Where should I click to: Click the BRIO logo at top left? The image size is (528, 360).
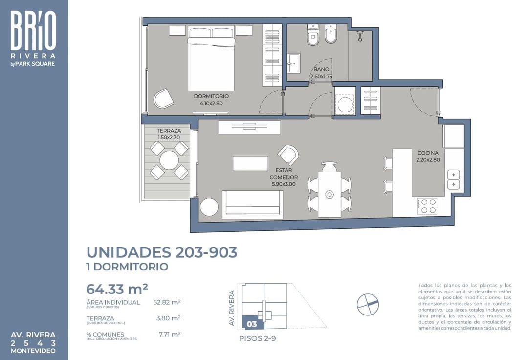(33, 30)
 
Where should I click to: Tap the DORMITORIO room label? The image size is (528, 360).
(211, 96)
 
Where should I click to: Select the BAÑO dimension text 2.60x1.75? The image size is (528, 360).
(321, 76)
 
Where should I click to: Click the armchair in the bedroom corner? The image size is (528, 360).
(163, 98)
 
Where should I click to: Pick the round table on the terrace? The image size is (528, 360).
(169, 160)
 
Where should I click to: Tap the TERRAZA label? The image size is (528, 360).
(169, 131)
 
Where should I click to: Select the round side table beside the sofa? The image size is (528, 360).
(209, 206)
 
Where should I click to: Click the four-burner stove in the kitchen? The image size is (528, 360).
(427, 205)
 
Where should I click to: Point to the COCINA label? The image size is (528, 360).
(428, 153)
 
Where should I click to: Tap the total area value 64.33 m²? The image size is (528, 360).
(117, 288)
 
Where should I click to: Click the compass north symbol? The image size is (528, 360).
(368, 304)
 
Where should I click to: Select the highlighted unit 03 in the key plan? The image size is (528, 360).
(252, 323)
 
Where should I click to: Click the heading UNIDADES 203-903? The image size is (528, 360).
(162, 252)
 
